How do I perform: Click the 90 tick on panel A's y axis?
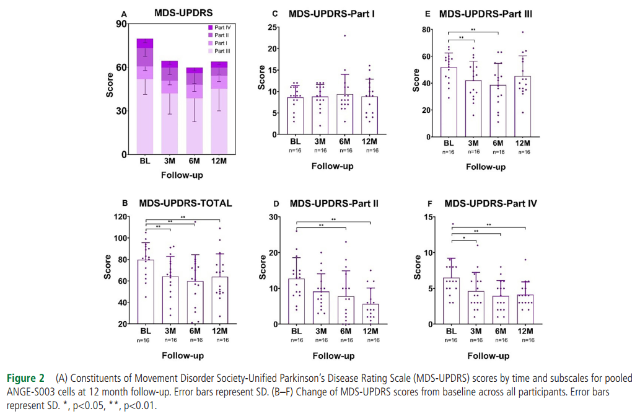121,24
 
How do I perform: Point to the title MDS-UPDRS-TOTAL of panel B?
185,203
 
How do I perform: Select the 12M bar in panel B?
219,300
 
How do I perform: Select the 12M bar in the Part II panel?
370,314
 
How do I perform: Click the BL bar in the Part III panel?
448,102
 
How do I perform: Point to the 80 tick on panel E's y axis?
426,30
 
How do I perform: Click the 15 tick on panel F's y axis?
427,217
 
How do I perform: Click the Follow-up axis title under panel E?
485,167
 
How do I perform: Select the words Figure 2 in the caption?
25,378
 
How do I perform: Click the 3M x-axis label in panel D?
321,330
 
